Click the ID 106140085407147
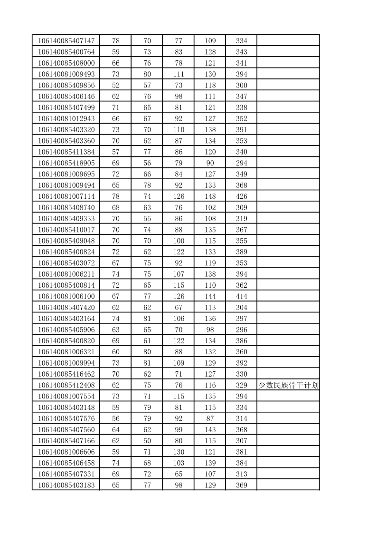[66, 41]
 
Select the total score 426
[242, 196]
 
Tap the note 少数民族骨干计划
[288, 385]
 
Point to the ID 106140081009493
[66, 74]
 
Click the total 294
[242, 163]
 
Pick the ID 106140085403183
[66, 485]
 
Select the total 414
[242, 296]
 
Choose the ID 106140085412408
[66, 385]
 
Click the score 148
[210, 196]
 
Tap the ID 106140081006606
[66, 452]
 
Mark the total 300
[242, 86]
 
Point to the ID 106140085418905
[66, 163]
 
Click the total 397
[242, 319]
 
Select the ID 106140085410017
[66, 230]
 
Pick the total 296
[242, 330]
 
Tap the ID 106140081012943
[66, 119]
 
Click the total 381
[242, 452]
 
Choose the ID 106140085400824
[66, 252]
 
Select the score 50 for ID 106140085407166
[147, 441]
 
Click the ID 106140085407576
[66, 418]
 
